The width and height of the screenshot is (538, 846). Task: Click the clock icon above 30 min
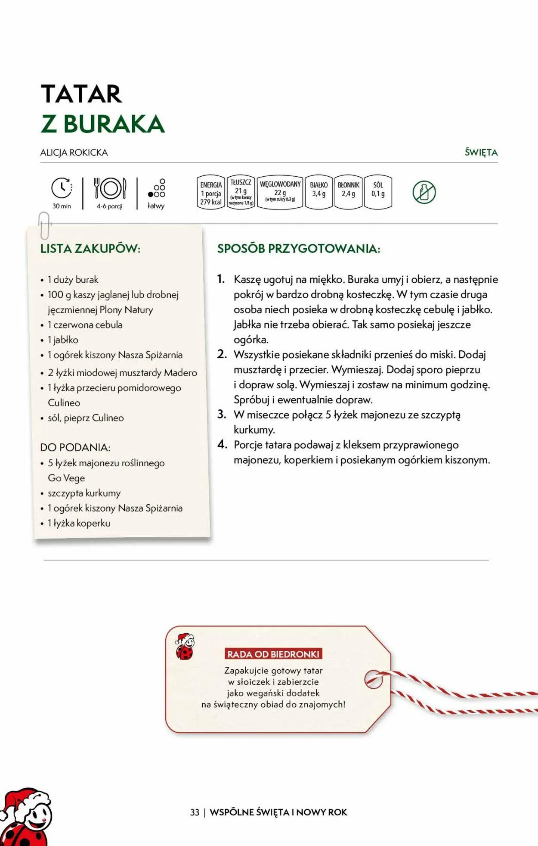pyautogui.click(x=62, y=188)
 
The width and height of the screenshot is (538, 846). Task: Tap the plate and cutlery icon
pyautogui.click(x=110, y=188)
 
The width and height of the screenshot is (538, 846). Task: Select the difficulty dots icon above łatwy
pyautogui.click(x=157, y=188)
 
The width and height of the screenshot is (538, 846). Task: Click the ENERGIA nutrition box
pyautogui.click(x=211, y=193)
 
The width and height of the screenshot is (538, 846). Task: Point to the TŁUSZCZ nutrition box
pyautogui.click(x=241, y=192)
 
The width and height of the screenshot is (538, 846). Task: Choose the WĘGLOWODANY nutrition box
pyautogui.click(x=280, y=192)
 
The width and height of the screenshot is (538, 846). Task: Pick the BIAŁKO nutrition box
pyautogui.click(x=318, y=192)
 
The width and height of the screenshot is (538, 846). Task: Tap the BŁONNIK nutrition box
pyautogui.click(x=348, y=192)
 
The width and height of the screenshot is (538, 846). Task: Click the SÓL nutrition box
pyautogui.click(x=378, y=192)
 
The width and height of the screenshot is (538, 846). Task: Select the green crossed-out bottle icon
pyautogui.click(x=424, y=192)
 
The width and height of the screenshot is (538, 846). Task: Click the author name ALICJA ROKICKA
pyautogui.click(x=74, y=153)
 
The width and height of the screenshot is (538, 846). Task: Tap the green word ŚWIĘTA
pyautogui.click(x=481, y=152)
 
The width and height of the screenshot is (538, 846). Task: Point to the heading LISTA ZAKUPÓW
pyautogui.click(x=90, y=249)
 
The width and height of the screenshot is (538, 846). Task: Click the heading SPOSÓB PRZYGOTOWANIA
pyautogui.click(x=299, y=249)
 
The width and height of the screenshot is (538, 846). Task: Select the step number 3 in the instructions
pyautogui.click(x=222, y=415)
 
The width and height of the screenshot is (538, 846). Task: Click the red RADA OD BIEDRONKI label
pyautogui.click(x=273, y=654)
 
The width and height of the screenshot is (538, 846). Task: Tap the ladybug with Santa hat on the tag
pyautogui.click(x=185, y=646)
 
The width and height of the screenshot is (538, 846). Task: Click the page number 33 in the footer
pyautogui.click(x=195, y=812)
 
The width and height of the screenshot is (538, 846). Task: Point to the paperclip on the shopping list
pyautogui.click(x=44, y=225)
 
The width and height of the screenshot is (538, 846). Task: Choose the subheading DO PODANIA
pyautogui.click(x=75, y=447)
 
